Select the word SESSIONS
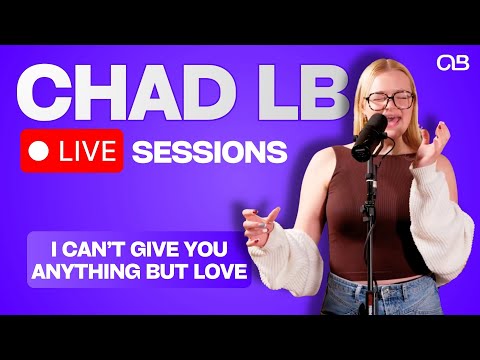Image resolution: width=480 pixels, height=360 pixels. pyautogui.click(x=209, y=152)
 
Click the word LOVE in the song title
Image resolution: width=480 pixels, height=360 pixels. pyautogui.click(x=222, y=270)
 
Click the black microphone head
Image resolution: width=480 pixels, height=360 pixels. pyautogui.click(x=370, y=127)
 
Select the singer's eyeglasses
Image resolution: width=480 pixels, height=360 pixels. pyautogui.click(x=389, y=100)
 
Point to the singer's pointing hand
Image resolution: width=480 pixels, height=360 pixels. pyautogui.click(x=262, y=222)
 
